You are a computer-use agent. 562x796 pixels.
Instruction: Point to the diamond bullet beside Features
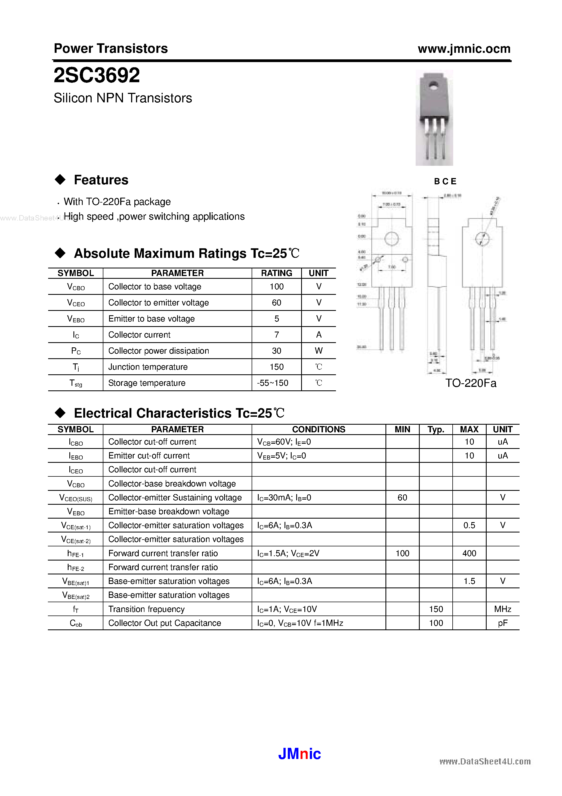[60, 180]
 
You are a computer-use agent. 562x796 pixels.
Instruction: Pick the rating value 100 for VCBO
[276, 287]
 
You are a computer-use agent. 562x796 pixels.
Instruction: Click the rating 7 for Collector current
[276, 335]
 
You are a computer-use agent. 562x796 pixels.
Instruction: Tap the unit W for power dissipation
[319, 351]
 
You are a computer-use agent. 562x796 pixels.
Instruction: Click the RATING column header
[276, 273]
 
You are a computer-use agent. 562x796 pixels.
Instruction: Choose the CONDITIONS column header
[319, 430]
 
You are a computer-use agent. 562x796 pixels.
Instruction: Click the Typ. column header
[436, 430]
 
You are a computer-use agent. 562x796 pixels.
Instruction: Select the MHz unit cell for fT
[502, 609]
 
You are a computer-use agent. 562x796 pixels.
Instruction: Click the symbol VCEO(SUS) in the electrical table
[76, 498]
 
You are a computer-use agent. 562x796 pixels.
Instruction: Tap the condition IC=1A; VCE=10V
[287, 610]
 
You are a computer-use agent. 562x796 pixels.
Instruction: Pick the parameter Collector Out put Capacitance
[165, 623]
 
